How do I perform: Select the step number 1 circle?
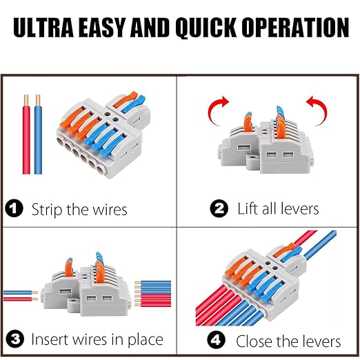pyautogui.click(x=15, y=209)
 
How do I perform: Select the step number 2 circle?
pyautogui.click(x=220, y=209)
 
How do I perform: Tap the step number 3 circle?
pyautogui.click(x=15, y=339)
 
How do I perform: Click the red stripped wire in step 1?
pyautogui.click(x=25, y=138)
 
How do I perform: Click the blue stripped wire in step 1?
pyautogui.click(x=39, y=138)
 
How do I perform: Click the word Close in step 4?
pyautogui.click(x=255, y=341)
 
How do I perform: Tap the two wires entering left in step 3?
pyautogui.click(x=21, y=295)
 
